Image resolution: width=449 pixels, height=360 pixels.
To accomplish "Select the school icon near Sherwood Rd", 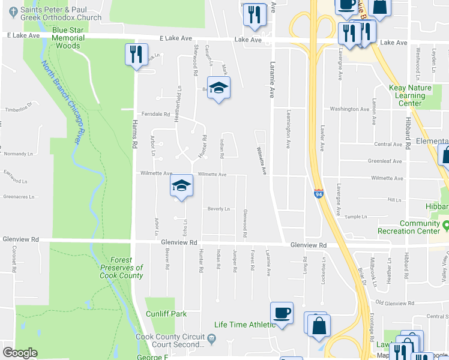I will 218,88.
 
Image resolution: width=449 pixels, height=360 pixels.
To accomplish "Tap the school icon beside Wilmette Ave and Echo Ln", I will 181,185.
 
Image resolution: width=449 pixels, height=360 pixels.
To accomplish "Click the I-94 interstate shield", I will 318,194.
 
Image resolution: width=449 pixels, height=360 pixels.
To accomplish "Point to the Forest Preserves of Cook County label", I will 122,268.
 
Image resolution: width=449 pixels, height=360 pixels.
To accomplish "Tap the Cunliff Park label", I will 166,314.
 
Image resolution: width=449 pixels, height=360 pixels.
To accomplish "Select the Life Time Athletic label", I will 245,325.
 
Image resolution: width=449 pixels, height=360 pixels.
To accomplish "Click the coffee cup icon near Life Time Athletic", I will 282,313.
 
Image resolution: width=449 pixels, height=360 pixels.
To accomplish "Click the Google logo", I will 20,353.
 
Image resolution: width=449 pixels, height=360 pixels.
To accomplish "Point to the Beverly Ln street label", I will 218,209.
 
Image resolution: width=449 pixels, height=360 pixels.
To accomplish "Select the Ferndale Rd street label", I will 156,113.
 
